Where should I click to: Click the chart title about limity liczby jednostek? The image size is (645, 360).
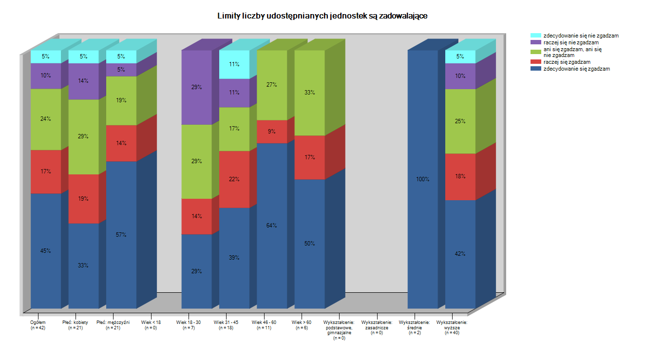[x=322, y=16]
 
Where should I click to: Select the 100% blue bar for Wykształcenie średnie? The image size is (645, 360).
[x=422, y=179]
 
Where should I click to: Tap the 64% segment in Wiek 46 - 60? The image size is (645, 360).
[x=272, y=225]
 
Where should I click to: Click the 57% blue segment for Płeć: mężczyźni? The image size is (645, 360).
[x=121, y=234]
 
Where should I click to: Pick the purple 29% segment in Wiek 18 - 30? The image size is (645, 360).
[x=196, y=87]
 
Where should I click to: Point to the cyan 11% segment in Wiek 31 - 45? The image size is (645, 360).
[x=234, y=64]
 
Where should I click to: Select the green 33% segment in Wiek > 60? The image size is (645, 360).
[x=309, y=93]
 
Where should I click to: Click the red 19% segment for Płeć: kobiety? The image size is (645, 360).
[x=83, y=199]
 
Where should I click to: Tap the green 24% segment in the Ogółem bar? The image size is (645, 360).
[x=46, y=119]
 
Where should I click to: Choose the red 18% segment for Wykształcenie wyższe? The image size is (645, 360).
[x=460, y=176]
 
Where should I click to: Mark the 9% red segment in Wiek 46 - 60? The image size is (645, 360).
[x=272, y=132]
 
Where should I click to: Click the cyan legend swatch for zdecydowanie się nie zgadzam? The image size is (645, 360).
[x=535, y=36]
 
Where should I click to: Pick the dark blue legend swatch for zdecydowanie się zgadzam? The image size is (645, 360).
[x=535, y=69]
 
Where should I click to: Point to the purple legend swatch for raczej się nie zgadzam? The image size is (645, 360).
[x=535, y=42]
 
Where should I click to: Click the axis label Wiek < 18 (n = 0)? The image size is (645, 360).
[x=151, y=325]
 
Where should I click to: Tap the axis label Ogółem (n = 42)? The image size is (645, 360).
[x=38, y=325]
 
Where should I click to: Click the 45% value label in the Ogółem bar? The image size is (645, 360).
[x=46, y=251]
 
